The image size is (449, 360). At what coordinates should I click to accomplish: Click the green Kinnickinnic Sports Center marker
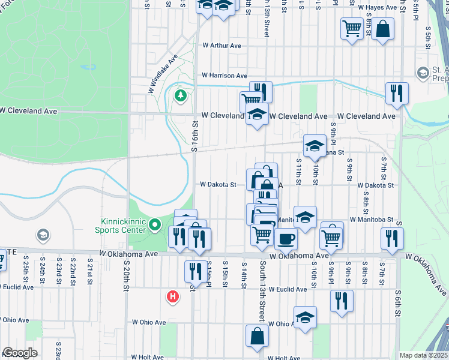155,226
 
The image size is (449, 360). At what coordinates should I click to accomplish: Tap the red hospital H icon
173,296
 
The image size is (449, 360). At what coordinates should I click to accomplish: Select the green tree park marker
180,95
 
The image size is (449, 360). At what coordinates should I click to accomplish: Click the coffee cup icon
286,238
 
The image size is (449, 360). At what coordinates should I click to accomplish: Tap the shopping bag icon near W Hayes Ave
382,29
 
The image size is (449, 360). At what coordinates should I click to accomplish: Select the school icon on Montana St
314,145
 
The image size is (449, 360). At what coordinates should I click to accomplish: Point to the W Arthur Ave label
221,45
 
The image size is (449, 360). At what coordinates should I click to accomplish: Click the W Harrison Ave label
224,76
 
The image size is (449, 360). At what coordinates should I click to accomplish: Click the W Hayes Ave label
378,7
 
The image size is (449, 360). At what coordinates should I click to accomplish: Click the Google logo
20,353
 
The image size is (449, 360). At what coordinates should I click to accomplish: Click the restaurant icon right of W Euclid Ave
342,300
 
